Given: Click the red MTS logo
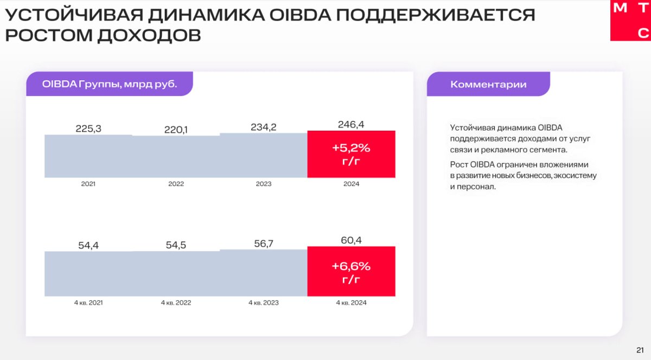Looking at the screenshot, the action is coord(630,21).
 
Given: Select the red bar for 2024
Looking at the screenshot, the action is coord(351,154).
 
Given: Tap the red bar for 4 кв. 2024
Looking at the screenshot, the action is coord(351,272).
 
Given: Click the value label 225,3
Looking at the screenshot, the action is coord(88,128).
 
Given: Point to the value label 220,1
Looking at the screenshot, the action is coord(176,130).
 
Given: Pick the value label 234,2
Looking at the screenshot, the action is coord(263,127).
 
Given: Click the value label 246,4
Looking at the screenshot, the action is coord(351,124).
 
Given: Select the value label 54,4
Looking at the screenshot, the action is coord(88,246).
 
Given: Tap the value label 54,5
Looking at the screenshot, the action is coord(176,245).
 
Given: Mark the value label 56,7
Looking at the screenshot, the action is coord(264,243).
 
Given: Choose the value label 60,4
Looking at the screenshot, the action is coord(351,240).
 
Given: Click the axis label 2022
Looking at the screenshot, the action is coord(176,184).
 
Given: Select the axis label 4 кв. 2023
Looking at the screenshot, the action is coord(264,303).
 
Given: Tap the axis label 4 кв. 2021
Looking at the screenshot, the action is coord(88,303).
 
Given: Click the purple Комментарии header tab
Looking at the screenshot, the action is coord(488,84).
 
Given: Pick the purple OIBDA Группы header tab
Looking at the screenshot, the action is coord(110,83).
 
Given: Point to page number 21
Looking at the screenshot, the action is coord(640,350).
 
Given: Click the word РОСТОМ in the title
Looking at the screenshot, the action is coord(48,35).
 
